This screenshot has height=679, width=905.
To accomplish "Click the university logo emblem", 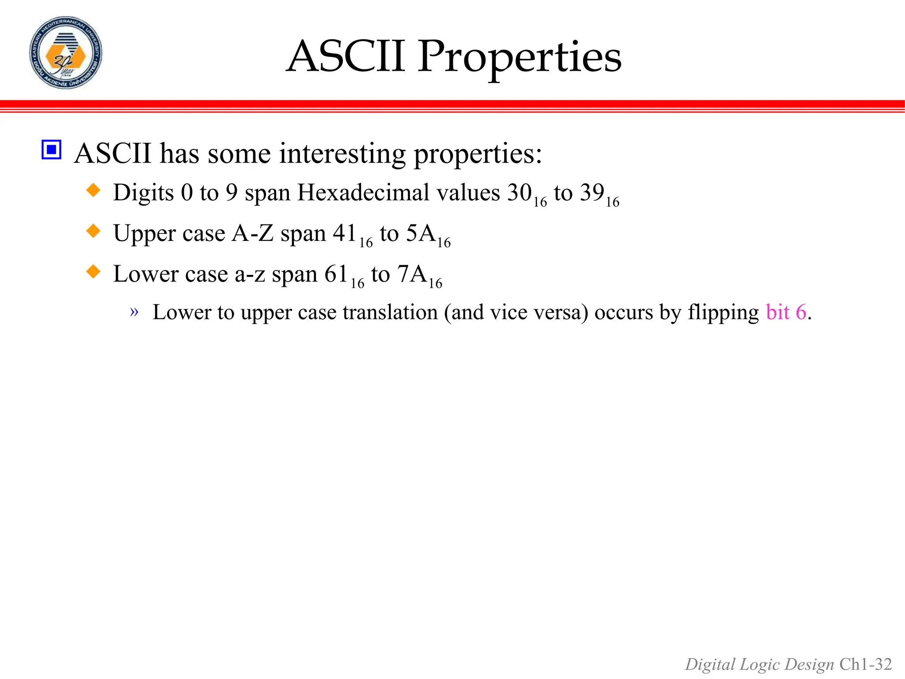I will point(66,53).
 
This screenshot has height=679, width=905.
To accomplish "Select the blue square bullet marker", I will point(51,150).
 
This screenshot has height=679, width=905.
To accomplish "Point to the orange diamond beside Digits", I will point(93,191).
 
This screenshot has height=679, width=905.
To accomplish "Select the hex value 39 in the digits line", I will point(592,193).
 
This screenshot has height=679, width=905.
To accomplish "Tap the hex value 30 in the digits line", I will point(519,193).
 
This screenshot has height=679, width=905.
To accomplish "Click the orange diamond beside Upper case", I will point(93,231).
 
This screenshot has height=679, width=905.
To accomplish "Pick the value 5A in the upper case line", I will point(421,233).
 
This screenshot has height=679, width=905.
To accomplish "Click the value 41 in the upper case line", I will point(345,233).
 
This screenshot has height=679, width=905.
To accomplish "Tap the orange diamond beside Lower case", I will point(93,271).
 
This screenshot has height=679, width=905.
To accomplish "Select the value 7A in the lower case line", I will point(412,274).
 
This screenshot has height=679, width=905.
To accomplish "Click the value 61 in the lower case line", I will point(336,274).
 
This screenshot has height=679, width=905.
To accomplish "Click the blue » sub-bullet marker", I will point(134,312).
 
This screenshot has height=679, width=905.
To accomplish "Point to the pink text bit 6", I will point(786,312).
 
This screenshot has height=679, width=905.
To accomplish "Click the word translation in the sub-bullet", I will point(390,312).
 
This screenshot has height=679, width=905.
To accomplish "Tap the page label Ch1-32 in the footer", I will point(866,664).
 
